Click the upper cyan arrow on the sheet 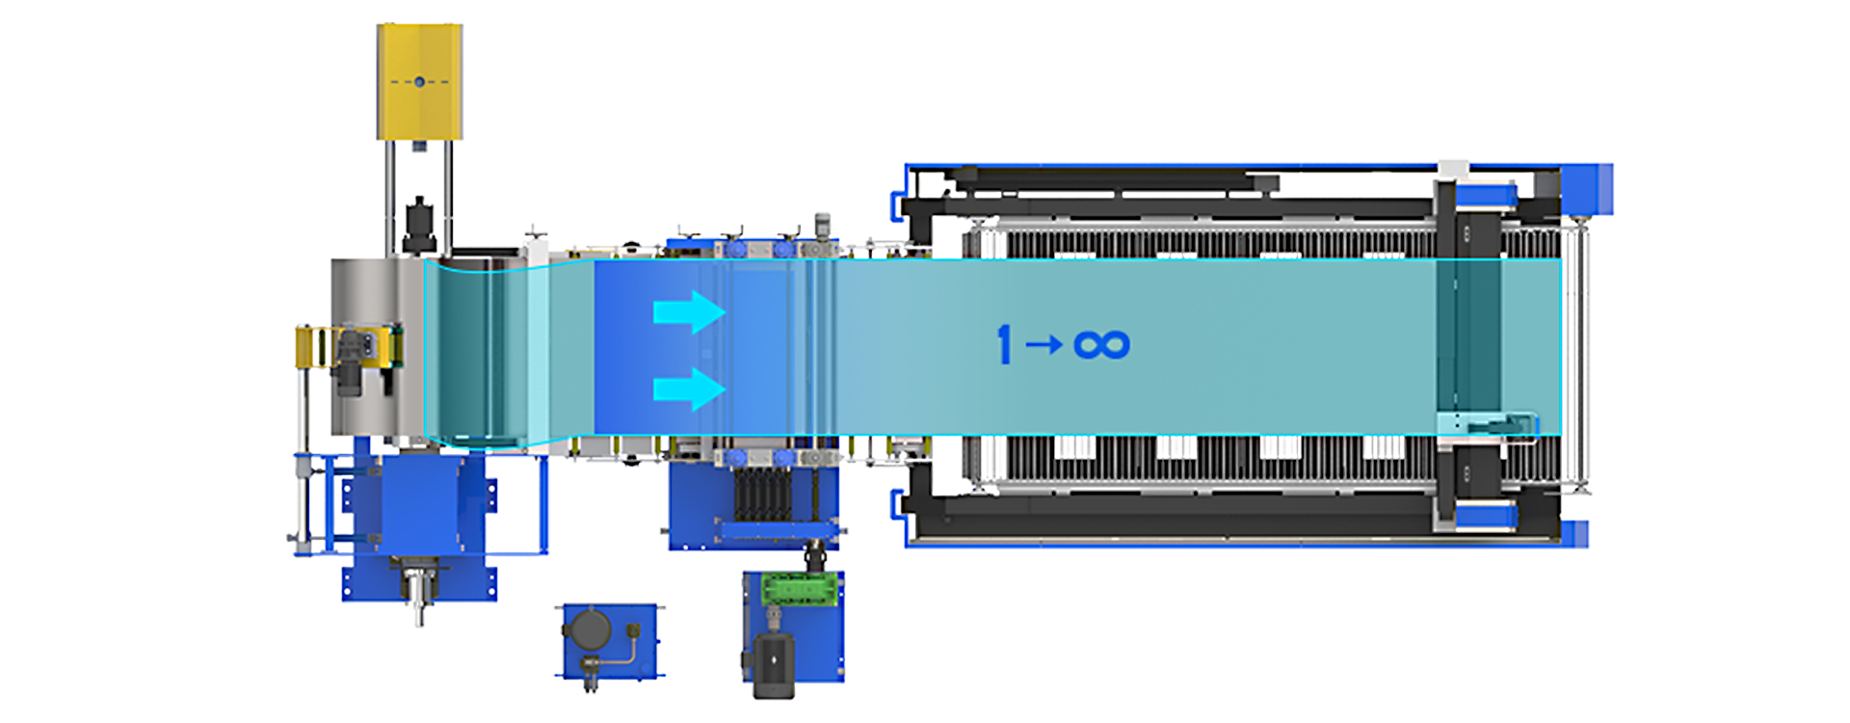[x=689, y=312]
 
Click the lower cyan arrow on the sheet [x=689, y=389]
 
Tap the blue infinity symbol [x=1101, y=344]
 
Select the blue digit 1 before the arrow [x=1005, y=344]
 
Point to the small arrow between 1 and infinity [x=1044, y=344]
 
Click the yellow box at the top [x=419, y=82]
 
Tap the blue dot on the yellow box [x=419, y=82]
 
